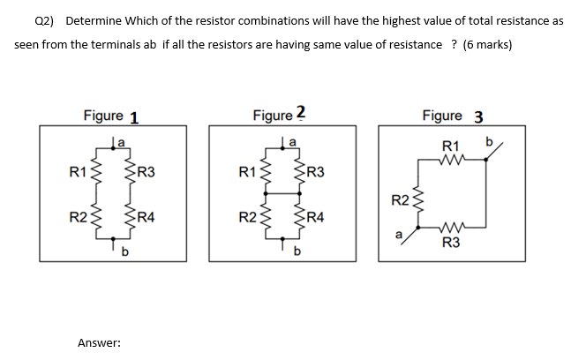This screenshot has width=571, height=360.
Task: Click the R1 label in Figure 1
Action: (x=77, y=171)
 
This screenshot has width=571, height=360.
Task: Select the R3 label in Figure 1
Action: (x=146, y=171)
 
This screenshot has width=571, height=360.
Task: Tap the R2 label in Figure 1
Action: (x=77, y=216)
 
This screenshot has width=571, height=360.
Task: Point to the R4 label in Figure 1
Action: (x=146, y=216)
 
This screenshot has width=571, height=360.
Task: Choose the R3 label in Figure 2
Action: (x=316, y=171)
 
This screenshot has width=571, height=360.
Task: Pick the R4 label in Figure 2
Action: (x=316, y=216)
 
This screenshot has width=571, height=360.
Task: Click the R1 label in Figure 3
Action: (x=451, y=146)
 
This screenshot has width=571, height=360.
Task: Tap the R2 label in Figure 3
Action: (x=400, y=200)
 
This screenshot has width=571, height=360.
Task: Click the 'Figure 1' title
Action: (x=110, y=116)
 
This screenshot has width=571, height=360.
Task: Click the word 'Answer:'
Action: (x=99, y=342)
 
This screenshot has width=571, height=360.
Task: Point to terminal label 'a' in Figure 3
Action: (x=399, y=234)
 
